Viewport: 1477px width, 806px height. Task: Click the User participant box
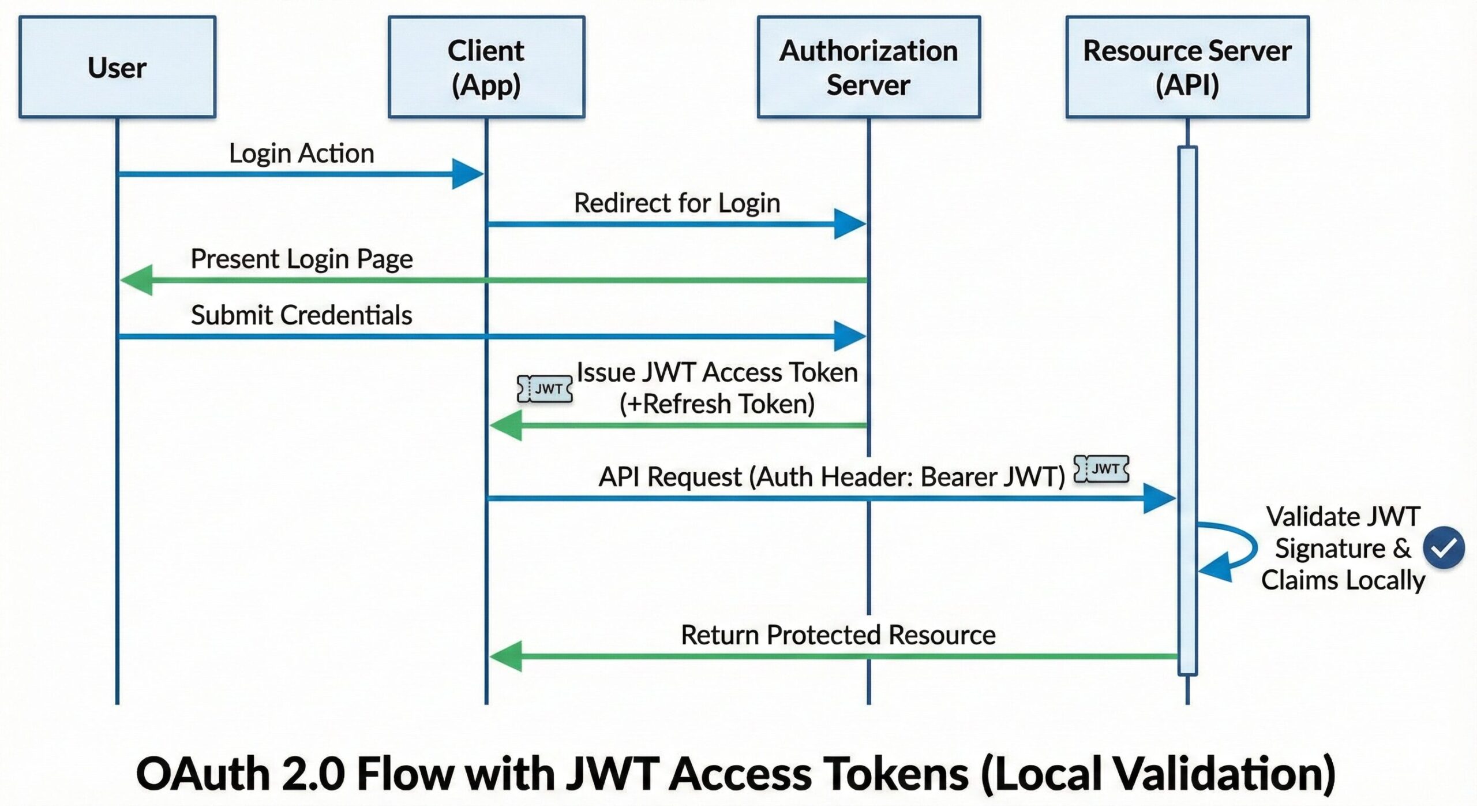coord(117,67)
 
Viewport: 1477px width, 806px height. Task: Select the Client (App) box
coord(486,67)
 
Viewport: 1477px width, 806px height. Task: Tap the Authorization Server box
coord(868,67)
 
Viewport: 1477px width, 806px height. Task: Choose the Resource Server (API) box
coord(1187,67)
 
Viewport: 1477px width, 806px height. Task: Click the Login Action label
coord(301,154)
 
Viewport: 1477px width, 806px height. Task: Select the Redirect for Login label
coord(677,203)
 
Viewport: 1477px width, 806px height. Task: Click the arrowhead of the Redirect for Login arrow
coord(849,224)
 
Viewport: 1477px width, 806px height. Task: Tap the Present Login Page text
coord(301,259)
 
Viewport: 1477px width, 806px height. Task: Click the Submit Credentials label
coord(301,315)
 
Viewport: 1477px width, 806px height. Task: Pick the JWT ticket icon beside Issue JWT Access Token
coord(545,389)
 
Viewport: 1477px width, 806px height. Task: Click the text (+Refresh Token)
coord(717,404)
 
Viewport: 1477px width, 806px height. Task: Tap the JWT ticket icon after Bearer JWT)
coord(1101,469)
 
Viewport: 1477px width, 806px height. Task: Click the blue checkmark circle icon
coord(1444,548)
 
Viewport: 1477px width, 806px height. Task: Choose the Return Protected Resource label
coord(838,635)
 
